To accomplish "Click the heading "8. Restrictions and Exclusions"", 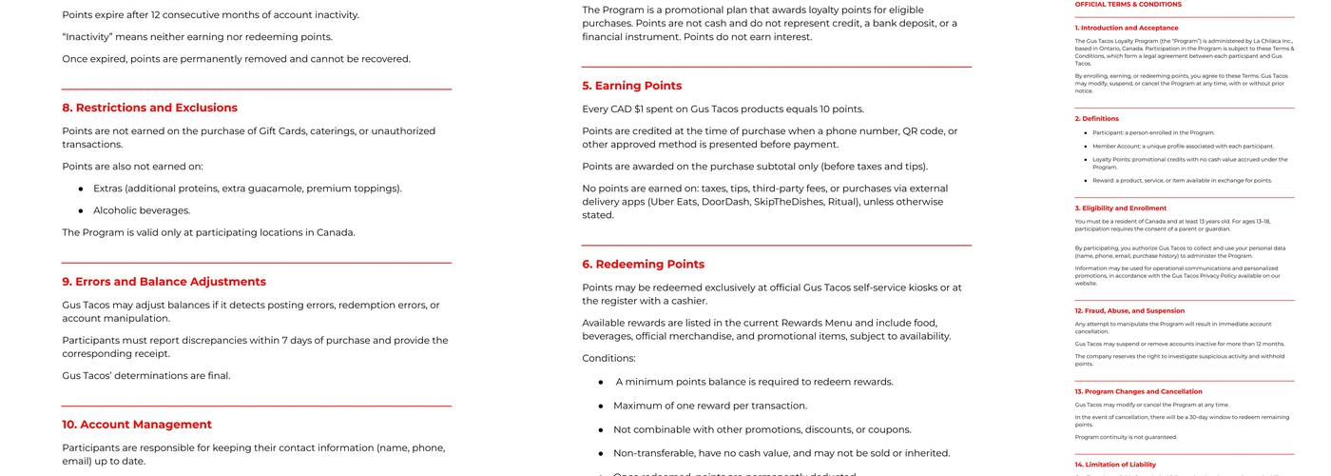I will click(x=150, y=108).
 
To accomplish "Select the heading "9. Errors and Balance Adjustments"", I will click(x=164, y=282).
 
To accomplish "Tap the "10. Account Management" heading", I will click(x=137, y=425).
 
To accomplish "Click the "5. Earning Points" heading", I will click(x=632, y=86).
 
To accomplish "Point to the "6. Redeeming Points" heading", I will click(x=644, y=265).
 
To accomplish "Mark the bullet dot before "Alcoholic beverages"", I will click(x=81, y=210).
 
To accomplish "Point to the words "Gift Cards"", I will click(x=287, y=131).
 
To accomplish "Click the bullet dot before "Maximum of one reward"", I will click(x=601, y=406).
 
